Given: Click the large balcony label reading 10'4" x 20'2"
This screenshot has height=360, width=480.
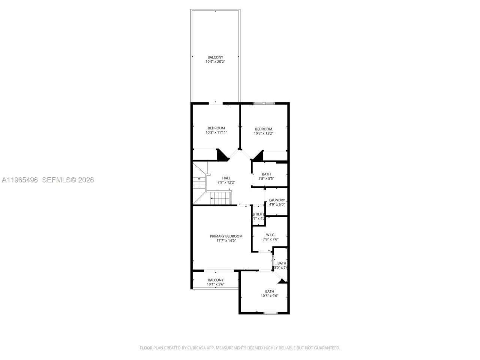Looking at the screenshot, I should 215,60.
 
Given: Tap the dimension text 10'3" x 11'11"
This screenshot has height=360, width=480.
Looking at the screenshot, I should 216,132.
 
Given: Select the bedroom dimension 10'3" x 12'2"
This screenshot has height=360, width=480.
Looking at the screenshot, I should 264,133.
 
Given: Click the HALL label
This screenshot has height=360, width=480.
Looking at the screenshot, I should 226,178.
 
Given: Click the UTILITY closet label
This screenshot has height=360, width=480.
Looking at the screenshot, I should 259,214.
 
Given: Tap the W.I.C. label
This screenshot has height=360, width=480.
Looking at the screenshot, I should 270,235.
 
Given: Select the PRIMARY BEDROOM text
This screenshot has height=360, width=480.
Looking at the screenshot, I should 226,236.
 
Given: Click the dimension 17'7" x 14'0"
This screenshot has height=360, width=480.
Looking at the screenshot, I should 226,241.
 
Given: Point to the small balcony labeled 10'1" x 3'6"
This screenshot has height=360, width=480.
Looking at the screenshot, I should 216,282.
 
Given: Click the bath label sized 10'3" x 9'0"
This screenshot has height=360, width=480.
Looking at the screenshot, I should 270,294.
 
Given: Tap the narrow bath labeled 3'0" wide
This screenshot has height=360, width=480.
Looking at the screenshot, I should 281,265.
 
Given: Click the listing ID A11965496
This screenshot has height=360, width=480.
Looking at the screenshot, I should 19,180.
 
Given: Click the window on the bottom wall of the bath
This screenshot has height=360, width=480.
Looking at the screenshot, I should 270,313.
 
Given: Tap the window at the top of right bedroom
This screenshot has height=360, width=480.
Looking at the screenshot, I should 264,103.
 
